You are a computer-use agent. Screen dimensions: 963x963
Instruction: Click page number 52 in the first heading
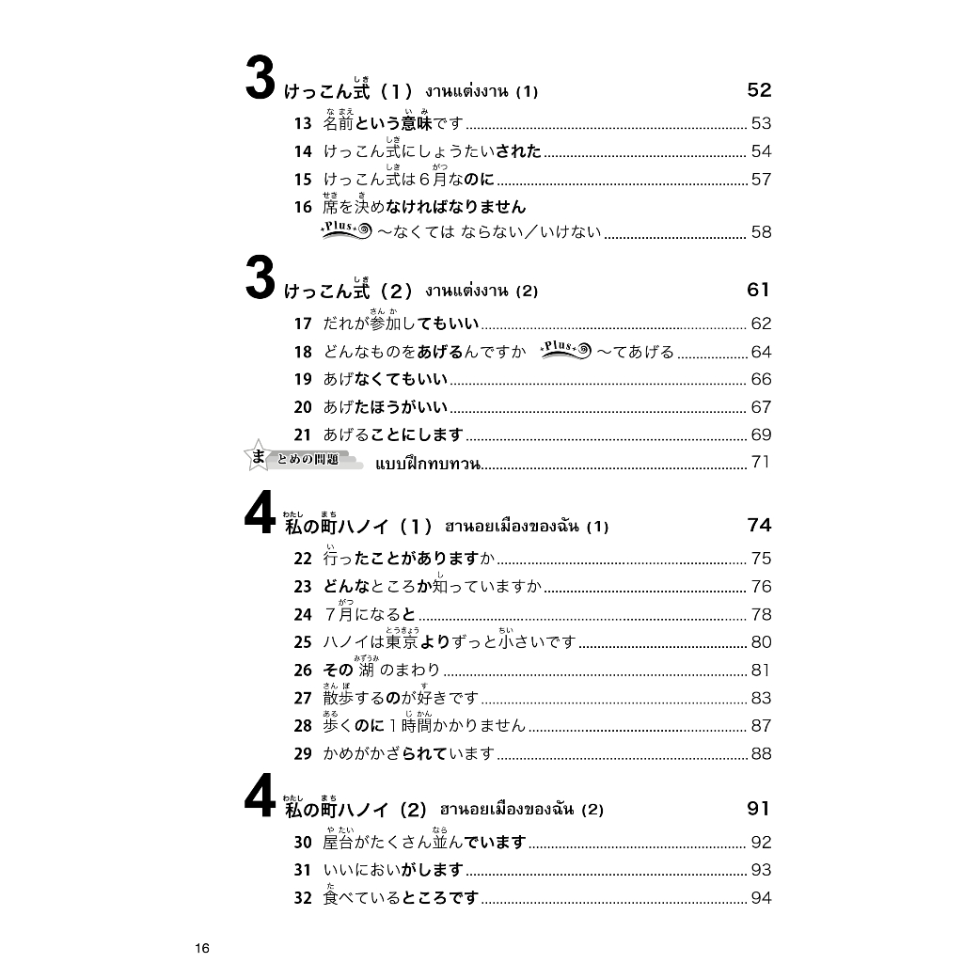[758, 90]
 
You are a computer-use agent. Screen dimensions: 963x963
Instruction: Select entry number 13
[302, 123]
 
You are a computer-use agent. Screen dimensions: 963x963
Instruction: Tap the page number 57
[761, 179]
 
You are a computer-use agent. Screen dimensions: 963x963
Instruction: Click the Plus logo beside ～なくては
[345, 232]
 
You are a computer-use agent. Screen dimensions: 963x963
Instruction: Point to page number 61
[758, 290]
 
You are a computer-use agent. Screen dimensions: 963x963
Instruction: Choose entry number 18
[302, 352]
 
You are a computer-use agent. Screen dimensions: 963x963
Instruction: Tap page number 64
[761, 352]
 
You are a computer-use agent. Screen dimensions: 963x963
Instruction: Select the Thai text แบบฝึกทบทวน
[428, 463]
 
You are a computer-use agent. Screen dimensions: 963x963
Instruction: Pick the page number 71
[761, 463]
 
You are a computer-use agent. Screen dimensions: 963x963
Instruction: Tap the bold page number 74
[758, 525]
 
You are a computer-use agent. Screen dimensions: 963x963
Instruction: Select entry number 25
[302, 642]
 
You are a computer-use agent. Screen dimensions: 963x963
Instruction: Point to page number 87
[761, 726]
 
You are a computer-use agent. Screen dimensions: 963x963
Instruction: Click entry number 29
[302, 754]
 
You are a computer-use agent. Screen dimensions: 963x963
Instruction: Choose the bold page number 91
[758, 809]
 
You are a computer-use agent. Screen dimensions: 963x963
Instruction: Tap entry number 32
[302, 899]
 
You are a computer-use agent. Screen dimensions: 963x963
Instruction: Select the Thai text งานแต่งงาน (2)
[481, 292]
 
